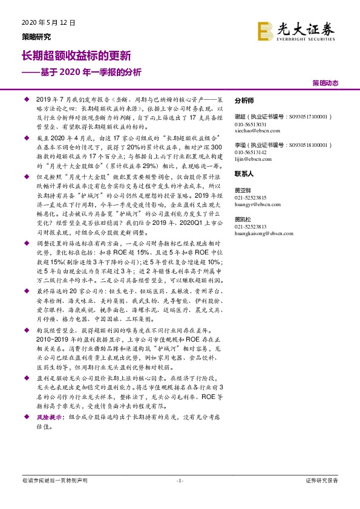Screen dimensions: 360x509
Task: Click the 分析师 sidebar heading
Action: click(244, 100)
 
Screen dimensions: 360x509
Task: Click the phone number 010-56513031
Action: click(251, 123)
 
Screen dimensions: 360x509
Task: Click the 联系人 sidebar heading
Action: click(244, 173)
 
